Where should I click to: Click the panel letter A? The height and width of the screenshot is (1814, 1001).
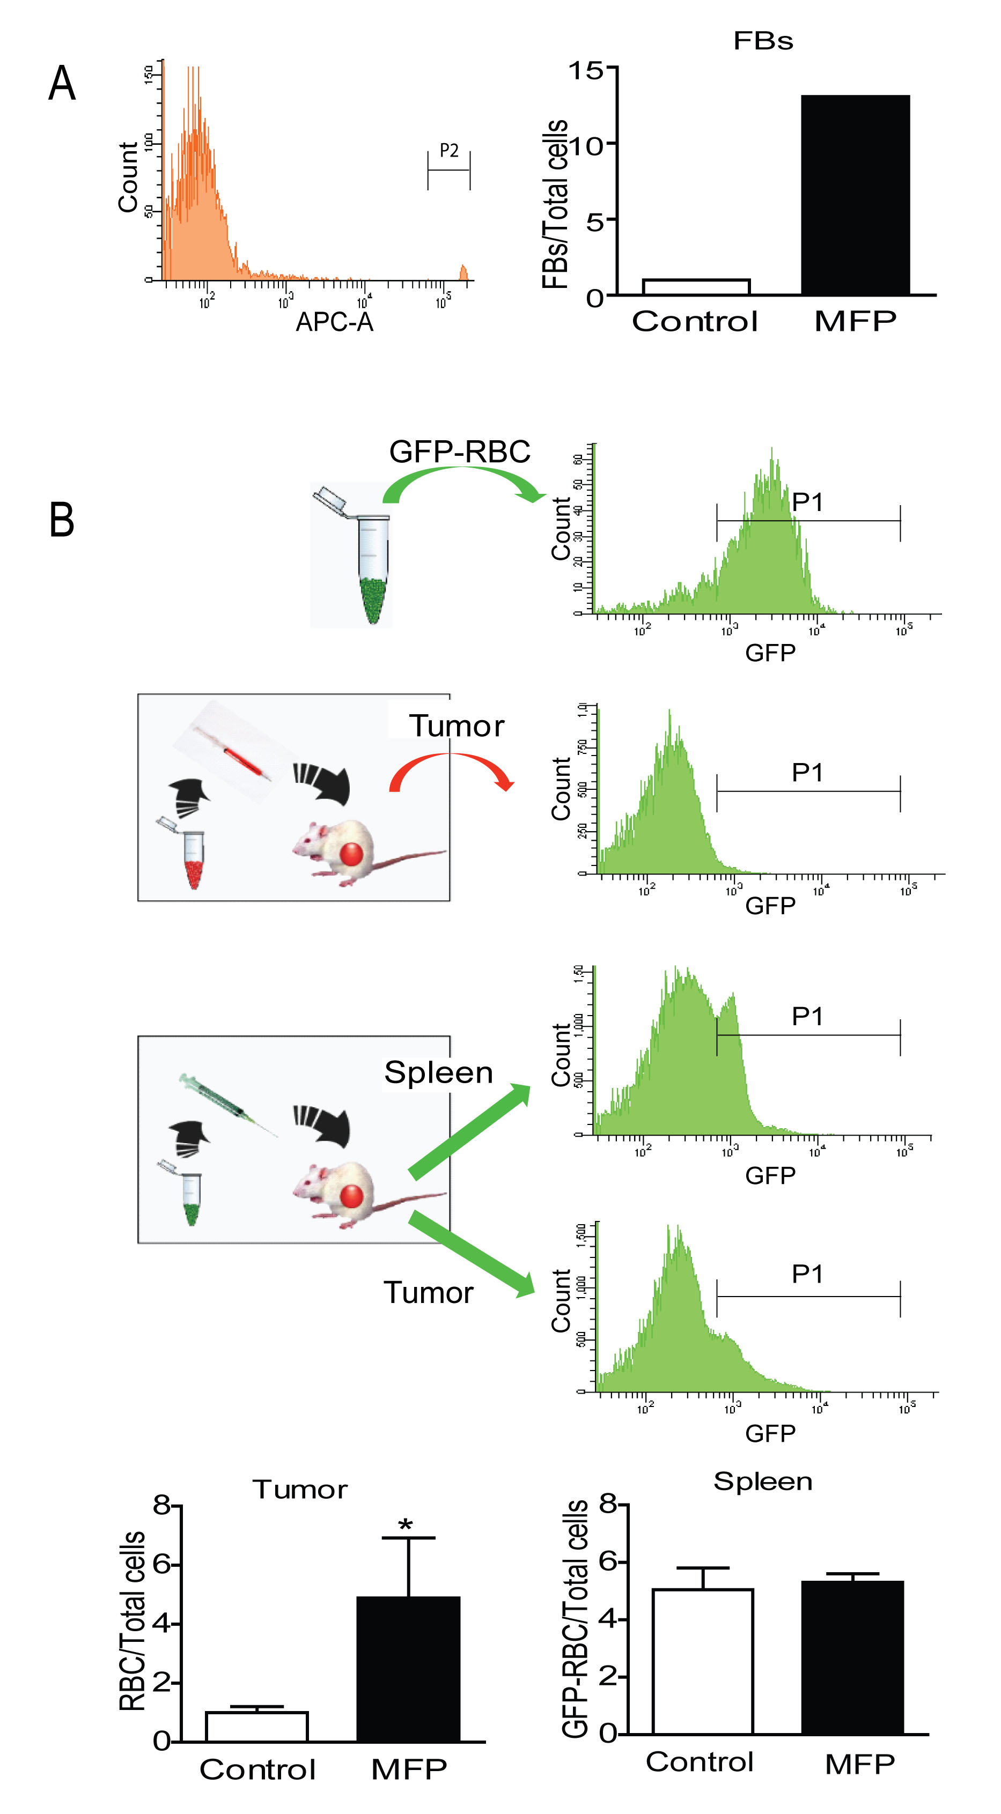[62, 84]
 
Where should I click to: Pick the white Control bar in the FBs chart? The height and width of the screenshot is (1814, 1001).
[695, 287]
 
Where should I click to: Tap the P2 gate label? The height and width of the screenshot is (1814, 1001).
[448, 150]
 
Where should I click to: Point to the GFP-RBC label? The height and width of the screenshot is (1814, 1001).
[459, 451]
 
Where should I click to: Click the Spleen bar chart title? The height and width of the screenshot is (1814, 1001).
[763, 1482]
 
